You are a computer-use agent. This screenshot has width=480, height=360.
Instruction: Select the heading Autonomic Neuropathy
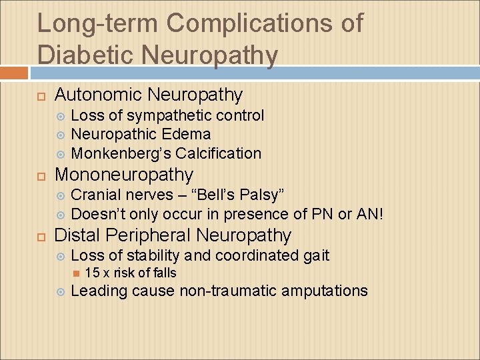coord(148,95)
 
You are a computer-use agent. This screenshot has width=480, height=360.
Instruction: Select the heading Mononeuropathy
coord(123,175)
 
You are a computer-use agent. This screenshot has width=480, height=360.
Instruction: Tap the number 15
coord(92,273)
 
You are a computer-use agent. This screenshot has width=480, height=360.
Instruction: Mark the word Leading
coord(99,291)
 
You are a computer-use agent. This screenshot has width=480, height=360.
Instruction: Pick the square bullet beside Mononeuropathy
coord(41,176)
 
